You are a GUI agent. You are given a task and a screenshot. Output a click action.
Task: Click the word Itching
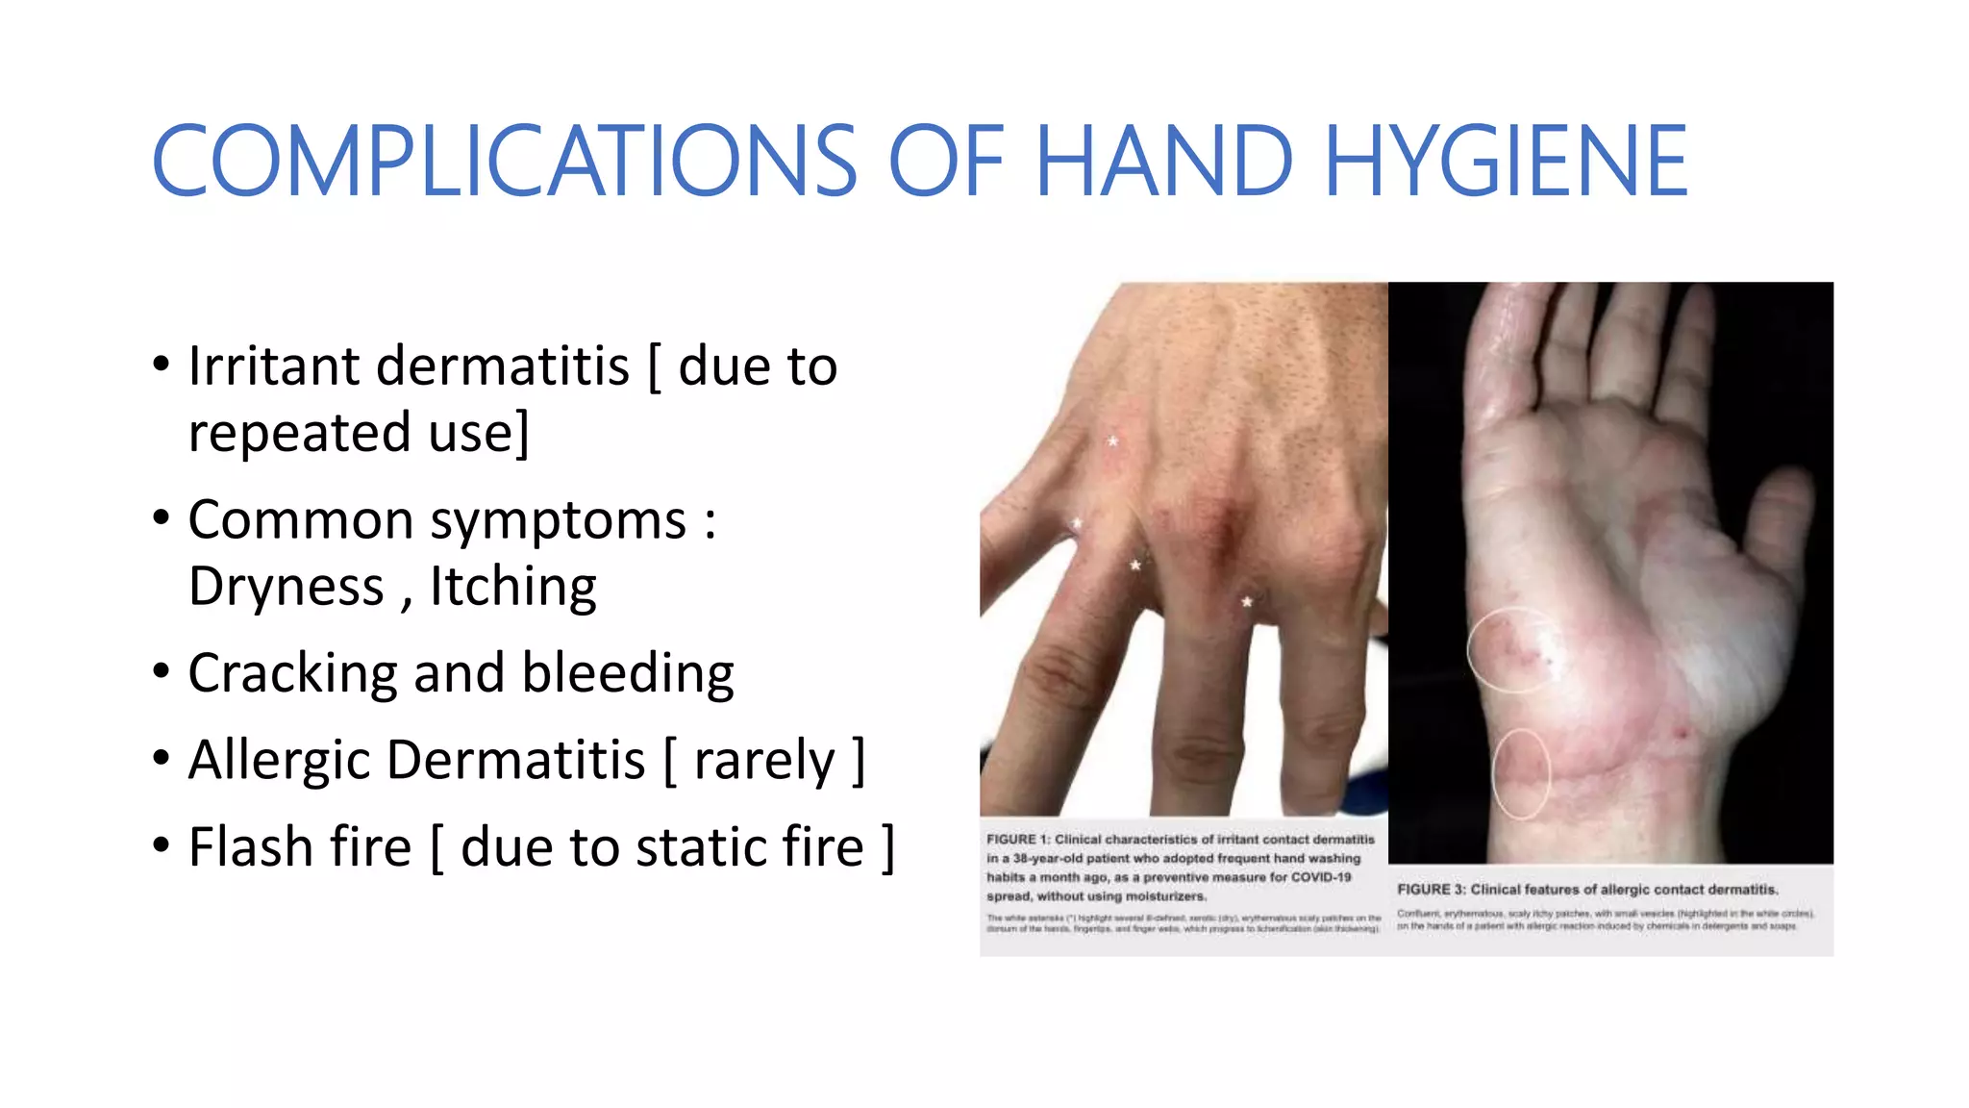pyautogui.click(x=512, y=587)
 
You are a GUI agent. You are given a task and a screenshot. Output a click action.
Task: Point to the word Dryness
pyautogui.click(x=286, y=587)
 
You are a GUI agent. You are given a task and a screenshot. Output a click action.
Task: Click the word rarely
pyautogui.click(x=764, y=761)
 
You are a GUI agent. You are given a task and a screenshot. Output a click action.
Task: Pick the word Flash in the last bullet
pyautogui.click(x=252, y=847)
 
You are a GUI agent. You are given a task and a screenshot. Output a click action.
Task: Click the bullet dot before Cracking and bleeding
pyautogui.click(x=162, y=671)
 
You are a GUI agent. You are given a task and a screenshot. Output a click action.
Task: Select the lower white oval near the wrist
pyautogui.click(x=1521, y=774)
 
